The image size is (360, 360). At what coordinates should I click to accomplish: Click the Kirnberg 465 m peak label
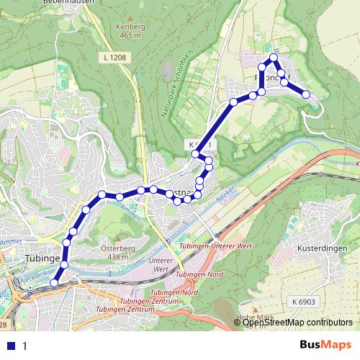coord(130,30)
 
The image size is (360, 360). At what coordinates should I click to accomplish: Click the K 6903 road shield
coord(304,300)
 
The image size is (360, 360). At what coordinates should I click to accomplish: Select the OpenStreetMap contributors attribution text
coord(297,323)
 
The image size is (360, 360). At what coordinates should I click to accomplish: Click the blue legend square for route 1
coord(10,346)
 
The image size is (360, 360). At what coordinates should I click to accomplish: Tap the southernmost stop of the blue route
coord(54,284)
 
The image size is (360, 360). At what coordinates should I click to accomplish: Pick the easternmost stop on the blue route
coord(306,94)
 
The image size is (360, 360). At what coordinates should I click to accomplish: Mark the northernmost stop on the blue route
coord(274,57)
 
